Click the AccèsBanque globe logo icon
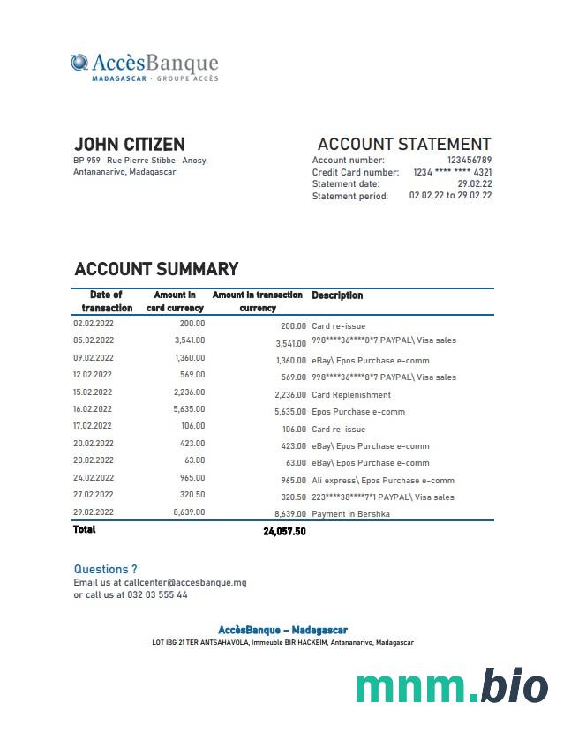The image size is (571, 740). click(x=79, y=63)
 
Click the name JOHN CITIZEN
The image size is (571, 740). click(x=130, y=144)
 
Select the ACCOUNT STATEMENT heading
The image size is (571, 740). click(x=403, y=144)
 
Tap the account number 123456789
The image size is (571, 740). click(x=470, y=160)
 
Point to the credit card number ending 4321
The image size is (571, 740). click(x=452, y=172)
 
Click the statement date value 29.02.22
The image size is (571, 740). click(x=475, y=183)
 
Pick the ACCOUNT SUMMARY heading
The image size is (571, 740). click(x=156, y=269)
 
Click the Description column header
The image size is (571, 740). click(x=337, y=295)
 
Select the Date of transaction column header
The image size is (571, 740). click(x=107, y=301)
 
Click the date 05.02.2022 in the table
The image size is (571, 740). click(x=94, y=340)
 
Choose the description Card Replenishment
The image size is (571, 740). click(x=351, y=395)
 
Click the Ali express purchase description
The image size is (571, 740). click(x=383, y=481)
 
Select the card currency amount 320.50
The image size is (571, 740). click(x=192, y=495)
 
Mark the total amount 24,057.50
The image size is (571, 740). click(x=284, y=532)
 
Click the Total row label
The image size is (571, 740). click(x=85, y=529)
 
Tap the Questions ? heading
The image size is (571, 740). click(x=106, y=570)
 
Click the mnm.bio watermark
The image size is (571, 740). click(x=451, y=686)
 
